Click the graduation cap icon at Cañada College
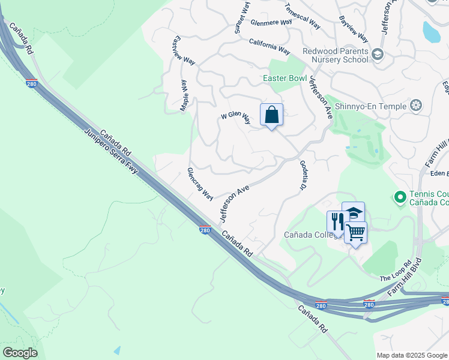[x=353, y=213]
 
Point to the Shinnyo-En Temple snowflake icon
[x=416, y=106]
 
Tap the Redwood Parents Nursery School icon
[x=378, y=55]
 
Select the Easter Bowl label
[x=285, y=79]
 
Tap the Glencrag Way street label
[x=200, y=184]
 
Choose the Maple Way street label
[x=184, y=96]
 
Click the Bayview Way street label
[x=353, y=28]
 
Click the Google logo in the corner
[x=20, y=353]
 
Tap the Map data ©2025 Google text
[x=412, y=355]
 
